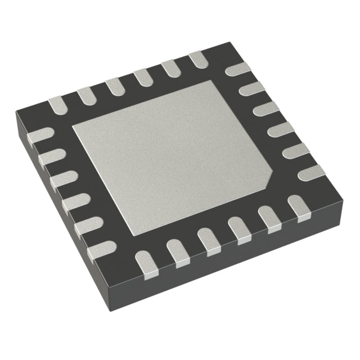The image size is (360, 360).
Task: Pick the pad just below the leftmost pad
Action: [x=51, y=155]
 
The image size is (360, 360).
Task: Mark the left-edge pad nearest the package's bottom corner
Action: [x=101, y=248]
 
